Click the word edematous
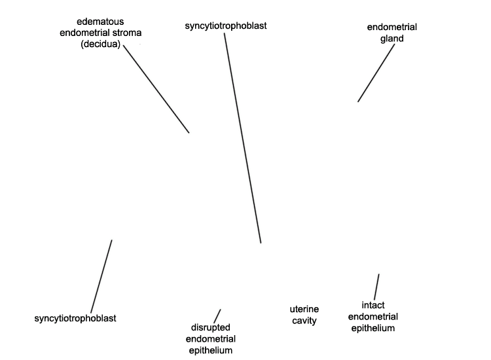pos(100,22)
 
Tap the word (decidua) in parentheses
pos(101,44)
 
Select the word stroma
pos(127,33)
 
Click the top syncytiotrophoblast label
pos(226,26)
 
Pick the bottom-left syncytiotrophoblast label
pos(75,318)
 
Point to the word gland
pos(391,39)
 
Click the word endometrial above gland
pos(391,27)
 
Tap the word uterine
pos(304,310)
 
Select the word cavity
pos(304,321)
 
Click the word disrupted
pos(210,328)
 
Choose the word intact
pos(373,305)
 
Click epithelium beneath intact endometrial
pos(373,328)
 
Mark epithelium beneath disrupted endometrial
pos(210,350)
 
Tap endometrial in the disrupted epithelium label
pos(210,339)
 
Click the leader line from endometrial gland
pos(376,73)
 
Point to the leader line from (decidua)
pos(156,89)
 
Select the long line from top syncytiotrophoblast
pos(243,138)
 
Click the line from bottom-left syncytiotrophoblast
pos(101,276)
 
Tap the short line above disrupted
pos(217,316)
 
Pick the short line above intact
pos(376,287)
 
